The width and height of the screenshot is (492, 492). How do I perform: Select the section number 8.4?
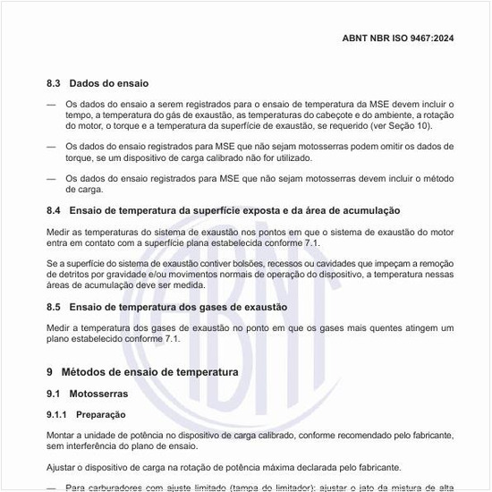[55, 210]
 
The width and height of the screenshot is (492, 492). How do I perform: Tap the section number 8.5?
[55, 307]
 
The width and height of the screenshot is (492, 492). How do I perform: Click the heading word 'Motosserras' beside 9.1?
[99, 394]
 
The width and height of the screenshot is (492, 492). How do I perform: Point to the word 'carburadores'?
[115, 488]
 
